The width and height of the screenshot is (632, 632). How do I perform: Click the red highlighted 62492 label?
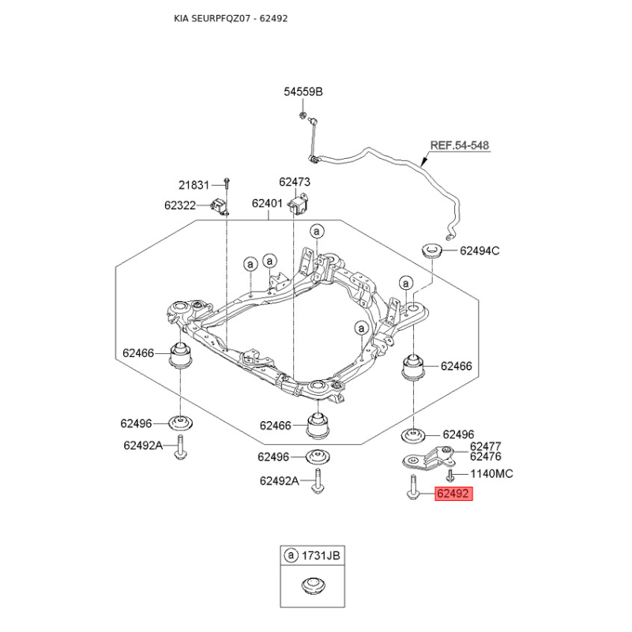point(453,493)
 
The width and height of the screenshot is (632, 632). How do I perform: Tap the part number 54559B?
point(303,92)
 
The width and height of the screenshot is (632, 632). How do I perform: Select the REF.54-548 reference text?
point(460,145)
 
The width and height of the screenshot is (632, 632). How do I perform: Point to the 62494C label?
point(480,250)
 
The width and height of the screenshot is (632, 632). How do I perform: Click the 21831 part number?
point(194,185)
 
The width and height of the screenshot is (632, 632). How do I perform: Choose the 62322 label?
point(180,205)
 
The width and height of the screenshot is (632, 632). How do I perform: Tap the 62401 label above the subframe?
point(267,203)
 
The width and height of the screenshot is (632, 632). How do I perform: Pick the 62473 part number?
point(295,182)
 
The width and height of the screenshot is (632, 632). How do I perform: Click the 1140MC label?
point(491,473)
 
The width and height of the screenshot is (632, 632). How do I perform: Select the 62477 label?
point(486,446)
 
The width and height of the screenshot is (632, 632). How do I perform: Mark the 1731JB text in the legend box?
point(321,556)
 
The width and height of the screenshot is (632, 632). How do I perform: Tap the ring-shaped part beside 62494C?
point(432,250)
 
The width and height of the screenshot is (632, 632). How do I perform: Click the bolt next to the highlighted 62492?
point(413,487)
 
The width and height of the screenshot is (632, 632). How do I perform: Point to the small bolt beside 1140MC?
point(450,476)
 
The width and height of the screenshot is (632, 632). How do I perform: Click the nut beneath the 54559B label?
point(302,115)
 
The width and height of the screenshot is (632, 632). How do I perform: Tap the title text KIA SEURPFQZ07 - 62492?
point(231,18)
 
